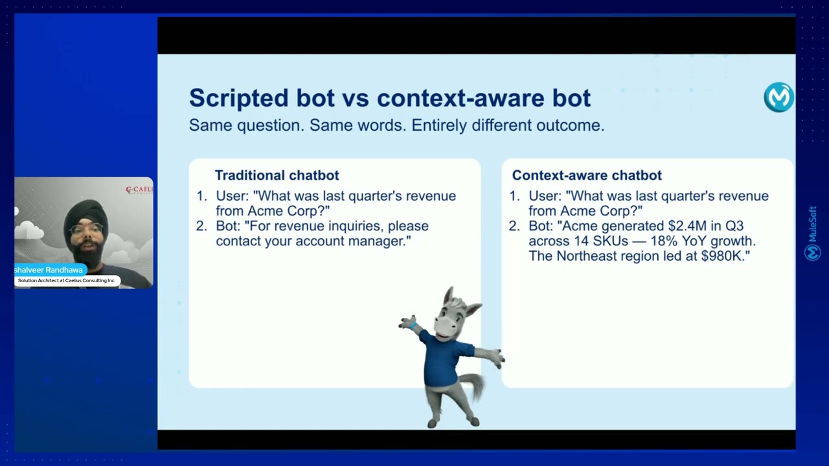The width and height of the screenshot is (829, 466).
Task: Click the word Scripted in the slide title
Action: (x=239, y=98)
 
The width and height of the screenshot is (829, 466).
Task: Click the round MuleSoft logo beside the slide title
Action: (x=778, y=97)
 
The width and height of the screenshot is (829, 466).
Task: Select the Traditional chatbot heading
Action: (x=277, y=175)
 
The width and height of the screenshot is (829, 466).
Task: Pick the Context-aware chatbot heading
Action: (x=587, y=175)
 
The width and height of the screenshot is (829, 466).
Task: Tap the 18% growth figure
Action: (x=664, y=241)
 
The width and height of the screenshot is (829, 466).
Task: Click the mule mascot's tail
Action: (x=473, y=385)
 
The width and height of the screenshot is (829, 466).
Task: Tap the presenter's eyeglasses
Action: (x=86, y=229)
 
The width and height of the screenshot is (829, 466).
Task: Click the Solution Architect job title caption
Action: (x=67, y=281)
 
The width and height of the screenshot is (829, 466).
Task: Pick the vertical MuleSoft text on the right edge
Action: (x=813, y=233)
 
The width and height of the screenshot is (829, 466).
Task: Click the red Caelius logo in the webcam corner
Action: (x=139, y=190)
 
